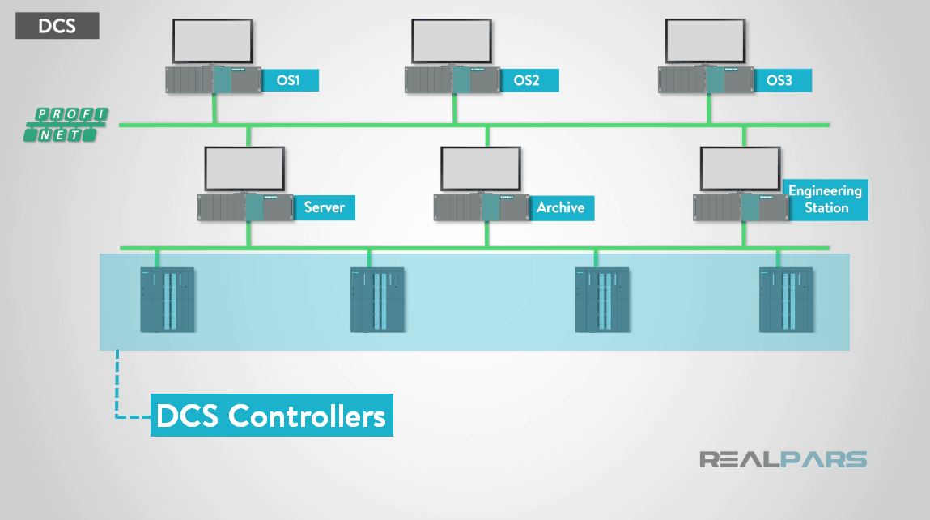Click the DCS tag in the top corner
pyautogui.click(x=57, y=26)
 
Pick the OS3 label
pyautogui.click(x=779, y=80)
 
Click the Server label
pyautogui.click(x=324, y=207)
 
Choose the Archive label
pyautogui.click(x=560, y=207)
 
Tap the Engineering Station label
pyautogui.click(x=825, y=199)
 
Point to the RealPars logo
pyautogui.click(x=783, y=460)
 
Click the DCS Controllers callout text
pyautogui.click(x=271, y=416)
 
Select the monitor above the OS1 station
pyautogui.click(x=213, y=40)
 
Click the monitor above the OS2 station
pyautogui.click(x=452, y=40)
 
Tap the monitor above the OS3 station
pyautogui.click(x=705, y=40)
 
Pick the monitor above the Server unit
pyautogui.click(x=244, y=168)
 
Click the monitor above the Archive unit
pyautogui.click(x=480, y=168)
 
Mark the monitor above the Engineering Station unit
pyautogui.click(x=739, y=168)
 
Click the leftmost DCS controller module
pyautogui.click(x=168, y=300)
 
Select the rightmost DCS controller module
pyautogui.click(x=786, y=300)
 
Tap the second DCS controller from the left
pyautogui.click(x=377, y=300)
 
